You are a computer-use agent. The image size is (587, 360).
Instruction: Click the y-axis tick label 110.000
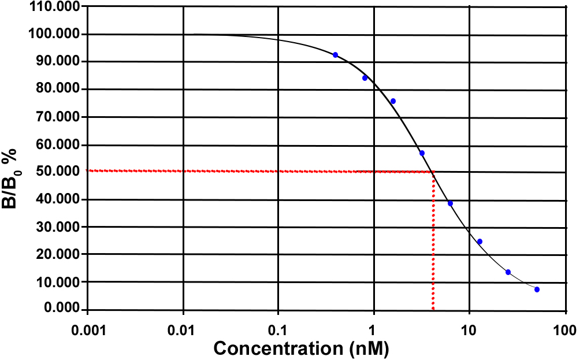point(55,6)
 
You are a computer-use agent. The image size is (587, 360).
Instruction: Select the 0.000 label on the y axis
point(60,309)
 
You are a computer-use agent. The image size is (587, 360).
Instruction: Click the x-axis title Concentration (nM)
point(300,348)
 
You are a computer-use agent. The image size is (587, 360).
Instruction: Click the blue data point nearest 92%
point(335,55)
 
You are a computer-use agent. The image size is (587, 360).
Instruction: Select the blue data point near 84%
point(365,78)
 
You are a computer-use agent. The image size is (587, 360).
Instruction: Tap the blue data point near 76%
point(393,101)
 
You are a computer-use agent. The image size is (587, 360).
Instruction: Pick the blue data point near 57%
point(422,153)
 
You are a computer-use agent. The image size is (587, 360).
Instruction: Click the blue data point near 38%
point(450,203)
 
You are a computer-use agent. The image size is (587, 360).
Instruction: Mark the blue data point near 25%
point(480,242)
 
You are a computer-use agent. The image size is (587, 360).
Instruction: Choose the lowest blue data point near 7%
point(537,290)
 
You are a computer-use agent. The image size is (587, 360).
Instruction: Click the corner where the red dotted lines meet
point(433,172)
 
